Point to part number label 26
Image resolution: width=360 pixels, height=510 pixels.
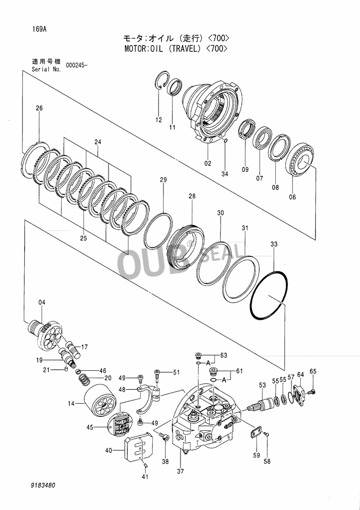coord(39,108)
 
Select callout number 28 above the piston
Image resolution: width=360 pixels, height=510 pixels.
coord(192,196)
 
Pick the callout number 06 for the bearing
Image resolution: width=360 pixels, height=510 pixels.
coord(293,196)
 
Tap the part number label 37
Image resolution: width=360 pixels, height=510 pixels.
coord(180,471)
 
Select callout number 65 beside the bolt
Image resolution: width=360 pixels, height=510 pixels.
coord(313,371)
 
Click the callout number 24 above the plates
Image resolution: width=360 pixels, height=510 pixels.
coord(98,141)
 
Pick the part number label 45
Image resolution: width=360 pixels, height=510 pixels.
coord(90,427)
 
